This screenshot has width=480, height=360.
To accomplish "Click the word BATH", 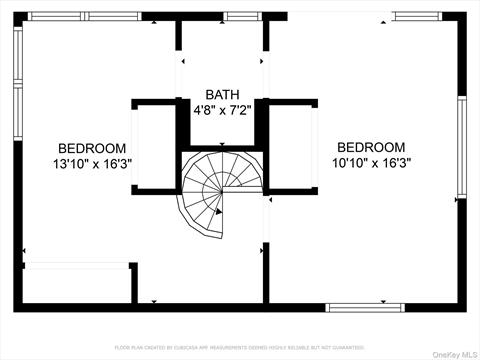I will (x=221, y=93).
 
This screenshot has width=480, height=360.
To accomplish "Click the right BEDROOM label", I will (x=370, y=147).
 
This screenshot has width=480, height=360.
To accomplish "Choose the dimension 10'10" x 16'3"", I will (x=370, y=162).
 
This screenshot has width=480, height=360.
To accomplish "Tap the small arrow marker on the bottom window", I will (x=383, y=300).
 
